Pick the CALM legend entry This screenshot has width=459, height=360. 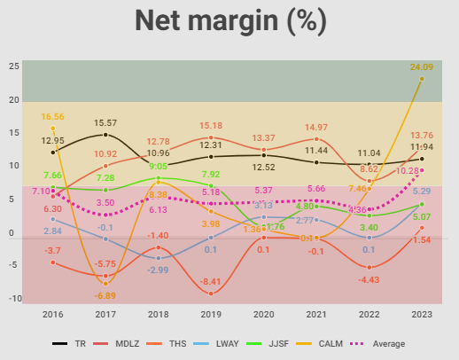(x=331, y=343)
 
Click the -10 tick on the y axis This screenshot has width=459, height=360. (x=12, y=298)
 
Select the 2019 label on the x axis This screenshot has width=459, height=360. (x=211, y=313)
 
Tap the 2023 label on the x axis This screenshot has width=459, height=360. (x=421, y=313)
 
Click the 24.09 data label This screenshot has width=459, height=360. (x=422, y=67)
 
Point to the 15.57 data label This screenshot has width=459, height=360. (x=105, y=122)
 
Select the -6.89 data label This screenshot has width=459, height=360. (x=105, y=295)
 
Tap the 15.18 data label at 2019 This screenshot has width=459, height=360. (x=210, y=125)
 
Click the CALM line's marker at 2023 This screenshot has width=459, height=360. (x=422, y=78)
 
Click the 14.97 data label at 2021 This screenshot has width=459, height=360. (x=315, y=128)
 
